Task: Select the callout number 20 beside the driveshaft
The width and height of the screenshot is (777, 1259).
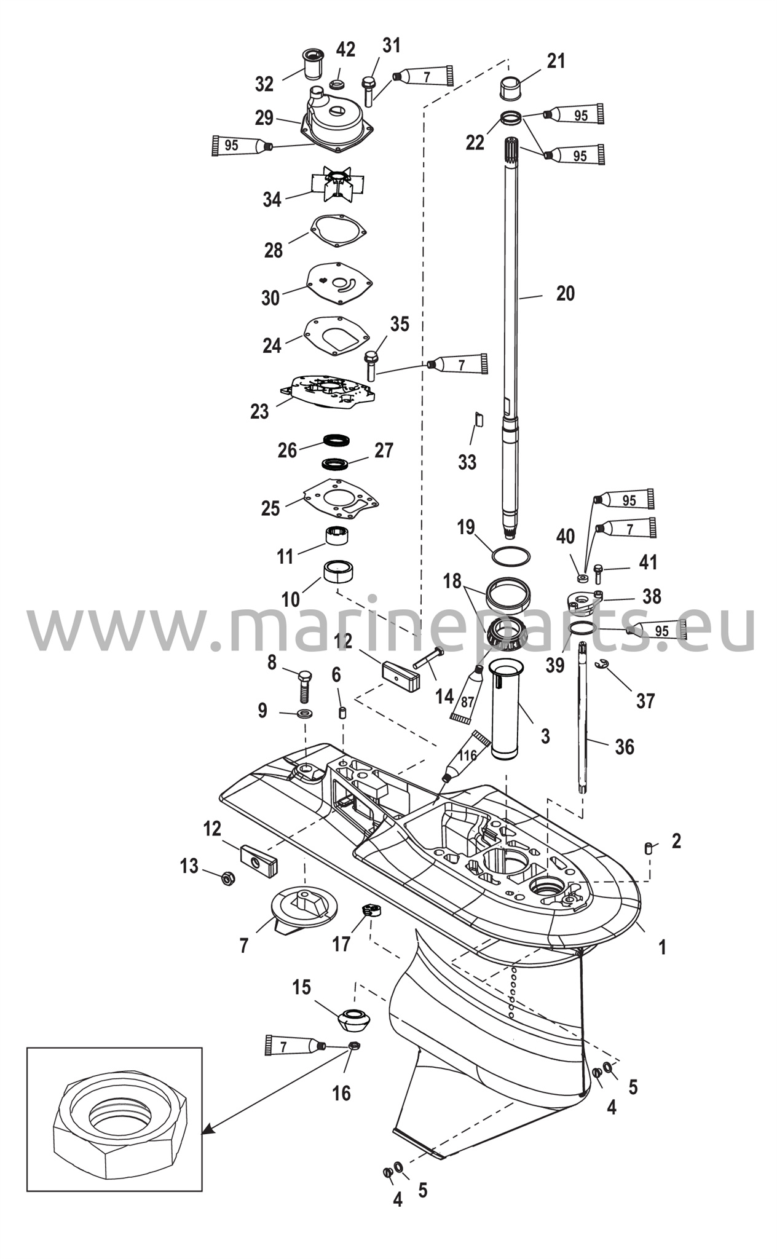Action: tap(566, 293)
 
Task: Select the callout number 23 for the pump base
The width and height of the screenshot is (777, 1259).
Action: tap(259, 411)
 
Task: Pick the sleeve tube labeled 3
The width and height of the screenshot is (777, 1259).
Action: tap(507, 711)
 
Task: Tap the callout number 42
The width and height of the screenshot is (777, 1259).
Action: tap(345, 50)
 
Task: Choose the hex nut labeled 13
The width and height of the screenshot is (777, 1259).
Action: tap(226, 880)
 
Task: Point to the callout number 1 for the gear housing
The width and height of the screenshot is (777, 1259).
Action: tap(662, 947)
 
